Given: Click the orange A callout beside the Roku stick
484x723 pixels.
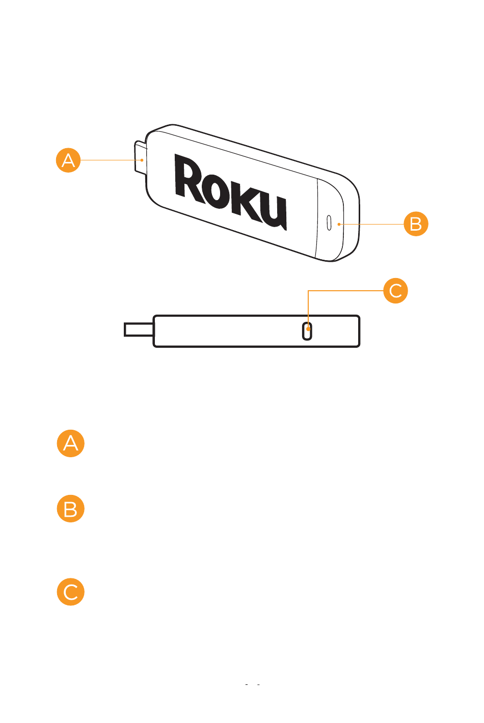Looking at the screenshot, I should click(68, 160).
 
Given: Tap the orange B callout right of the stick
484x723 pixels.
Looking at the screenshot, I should click(416, 224).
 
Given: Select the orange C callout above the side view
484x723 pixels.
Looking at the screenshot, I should click(395, 291).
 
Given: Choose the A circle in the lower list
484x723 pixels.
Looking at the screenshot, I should click(70, 443).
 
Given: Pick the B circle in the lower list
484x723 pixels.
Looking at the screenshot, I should click(70, 509).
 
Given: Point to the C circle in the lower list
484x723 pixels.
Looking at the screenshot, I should click(70, 592).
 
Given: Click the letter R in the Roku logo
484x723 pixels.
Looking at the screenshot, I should click(190, 178).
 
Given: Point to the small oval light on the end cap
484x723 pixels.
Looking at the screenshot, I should click(329, 222).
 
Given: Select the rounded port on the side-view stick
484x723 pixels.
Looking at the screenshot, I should click(307, 331).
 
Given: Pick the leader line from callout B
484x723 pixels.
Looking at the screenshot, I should click(372, 224).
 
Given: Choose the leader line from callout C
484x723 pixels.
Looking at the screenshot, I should click(346, 291).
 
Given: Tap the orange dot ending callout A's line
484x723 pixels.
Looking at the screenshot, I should click(143, 160).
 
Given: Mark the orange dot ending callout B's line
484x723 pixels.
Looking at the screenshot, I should click(339, 224).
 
